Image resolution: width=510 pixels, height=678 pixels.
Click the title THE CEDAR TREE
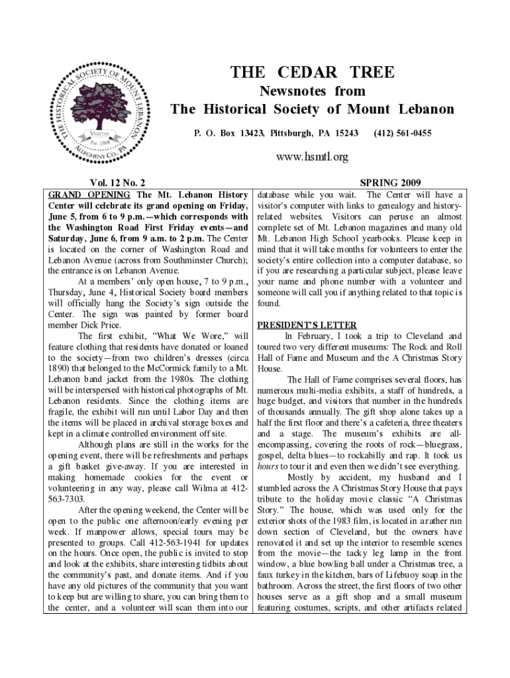[311, 72]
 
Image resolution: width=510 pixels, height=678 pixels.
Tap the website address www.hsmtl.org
[312, 157]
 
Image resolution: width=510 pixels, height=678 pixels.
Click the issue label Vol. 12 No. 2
[112, 183]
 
